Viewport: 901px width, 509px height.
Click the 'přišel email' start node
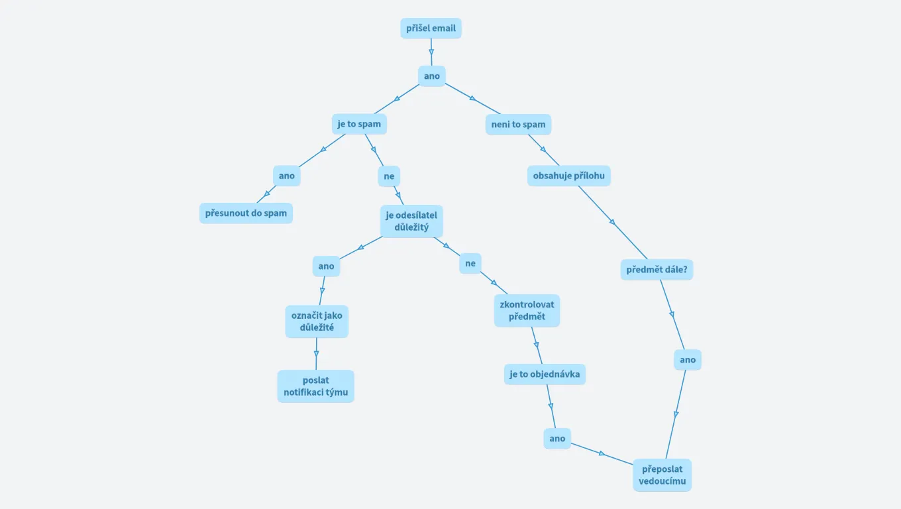[431, 28]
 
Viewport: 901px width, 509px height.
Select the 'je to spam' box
[359, 124]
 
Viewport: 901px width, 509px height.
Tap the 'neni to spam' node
[518, 124]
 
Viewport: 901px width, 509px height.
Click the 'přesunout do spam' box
[246, 213]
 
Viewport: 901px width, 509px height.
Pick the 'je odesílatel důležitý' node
[411, 221]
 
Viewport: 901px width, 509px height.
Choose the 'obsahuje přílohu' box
[568, 176]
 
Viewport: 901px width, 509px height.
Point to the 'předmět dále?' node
[657, 270]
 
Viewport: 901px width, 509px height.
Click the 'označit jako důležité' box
[317, 321]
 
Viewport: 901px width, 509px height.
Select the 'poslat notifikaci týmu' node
[315, 386]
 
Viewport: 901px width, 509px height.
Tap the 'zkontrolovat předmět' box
[527, 310]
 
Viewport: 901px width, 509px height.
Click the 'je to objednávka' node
[545, 374]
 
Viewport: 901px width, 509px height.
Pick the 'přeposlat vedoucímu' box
[662, 475]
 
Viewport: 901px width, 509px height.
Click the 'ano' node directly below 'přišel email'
[432, 76]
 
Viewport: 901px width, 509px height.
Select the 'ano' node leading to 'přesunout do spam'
[286, 176]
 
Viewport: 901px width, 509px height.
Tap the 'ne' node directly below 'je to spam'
[389, 176]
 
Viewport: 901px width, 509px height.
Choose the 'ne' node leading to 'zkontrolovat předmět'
[470, 263]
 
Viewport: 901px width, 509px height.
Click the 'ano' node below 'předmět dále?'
[688, 360]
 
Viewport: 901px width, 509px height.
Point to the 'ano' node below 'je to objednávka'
[557, 438]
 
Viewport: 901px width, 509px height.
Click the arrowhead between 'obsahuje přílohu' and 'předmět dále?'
[613, 223]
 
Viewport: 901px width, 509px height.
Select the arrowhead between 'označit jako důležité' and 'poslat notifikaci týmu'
[316, 352]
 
